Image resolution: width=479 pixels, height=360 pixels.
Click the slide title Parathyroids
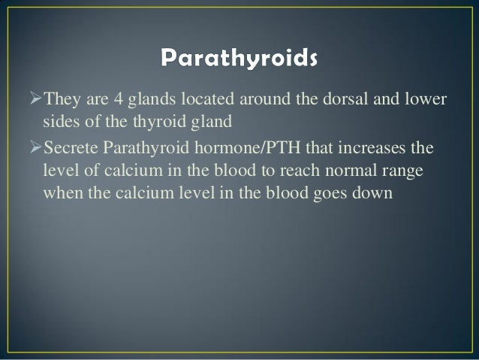239,58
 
